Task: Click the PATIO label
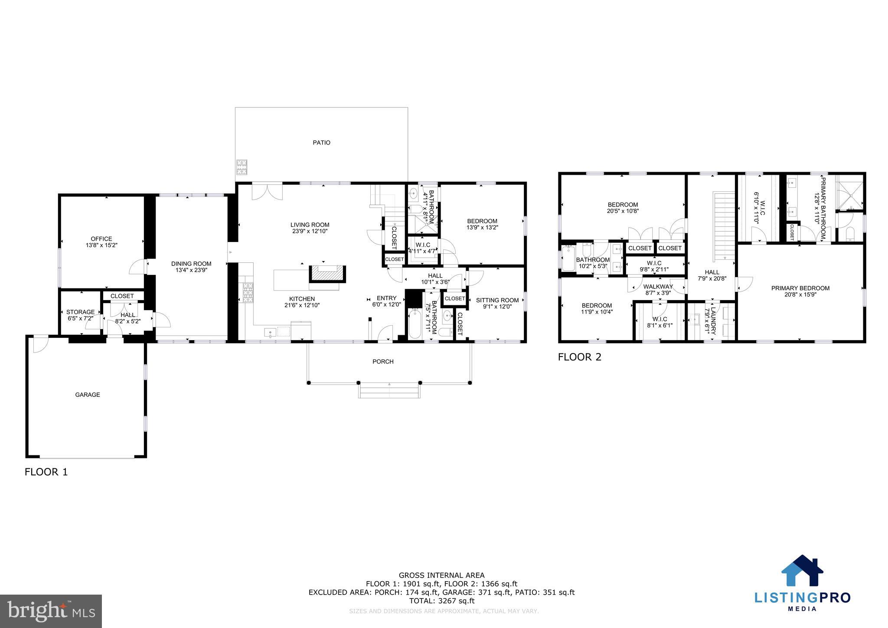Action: (321, 143)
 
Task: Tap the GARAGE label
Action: (88, 395)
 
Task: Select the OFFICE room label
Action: (101, 239)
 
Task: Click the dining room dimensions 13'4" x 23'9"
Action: (191, 270)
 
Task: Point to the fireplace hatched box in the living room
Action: (327, 275)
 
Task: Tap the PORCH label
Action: (383, 362)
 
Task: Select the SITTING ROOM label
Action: (497, 300)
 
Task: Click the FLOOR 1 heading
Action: (46, 472)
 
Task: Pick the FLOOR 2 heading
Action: (580, 357)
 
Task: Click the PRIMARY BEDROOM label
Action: (800, 288)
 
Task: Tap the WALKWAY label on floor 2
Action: (658, 287)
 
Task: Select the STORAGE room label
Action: (80, 312)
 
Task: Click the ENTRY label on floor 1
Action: (386, 298)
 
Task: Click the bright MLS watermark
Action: (51, 611)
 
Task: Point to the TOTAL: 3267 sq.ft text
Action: (442, 601)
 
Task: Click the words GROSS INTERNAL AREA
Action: (442, 576)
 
